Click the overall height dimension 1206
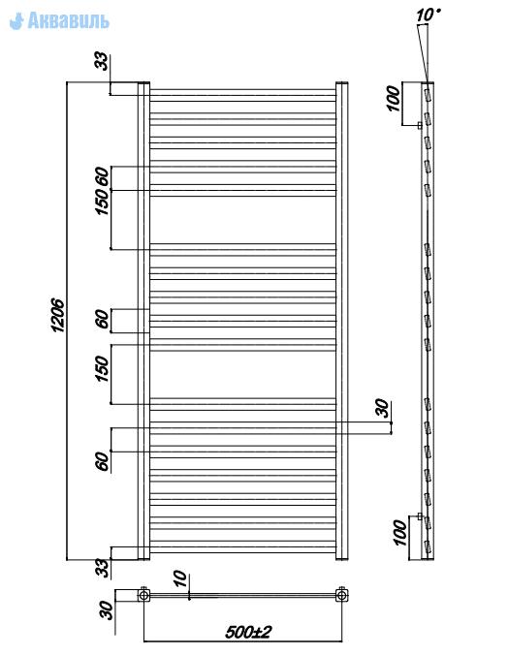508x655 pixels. [57, 316]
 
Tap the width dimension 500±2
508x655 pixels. [248, 632]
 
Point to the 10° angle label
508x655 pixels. [428, 16]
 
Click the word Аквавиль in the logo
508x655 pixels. [69, 20]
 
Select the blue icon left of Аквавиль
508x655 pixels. [16, 21]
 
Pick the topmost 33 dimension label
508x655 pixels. [102, 61]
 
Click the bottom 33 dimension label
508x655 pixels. [103, 568]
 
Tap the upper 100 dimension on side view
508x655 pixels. [393, 98]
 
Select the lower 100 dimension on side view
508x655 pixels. [400, 533]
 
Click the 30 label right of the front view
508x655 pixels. [382, 408]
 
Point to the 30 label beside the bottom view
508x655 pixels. [107, 610]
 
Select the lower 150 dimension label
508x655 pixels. [102, 368]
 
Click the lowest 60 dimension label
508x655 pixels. [102, 461]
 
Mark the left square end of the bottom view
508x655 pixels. [143, 595]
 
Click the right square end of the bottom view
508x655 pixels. [342, 595]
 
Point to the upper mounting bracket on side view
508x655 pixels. [420, 125]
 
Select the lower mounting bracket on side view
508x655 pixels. [420, 516]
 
